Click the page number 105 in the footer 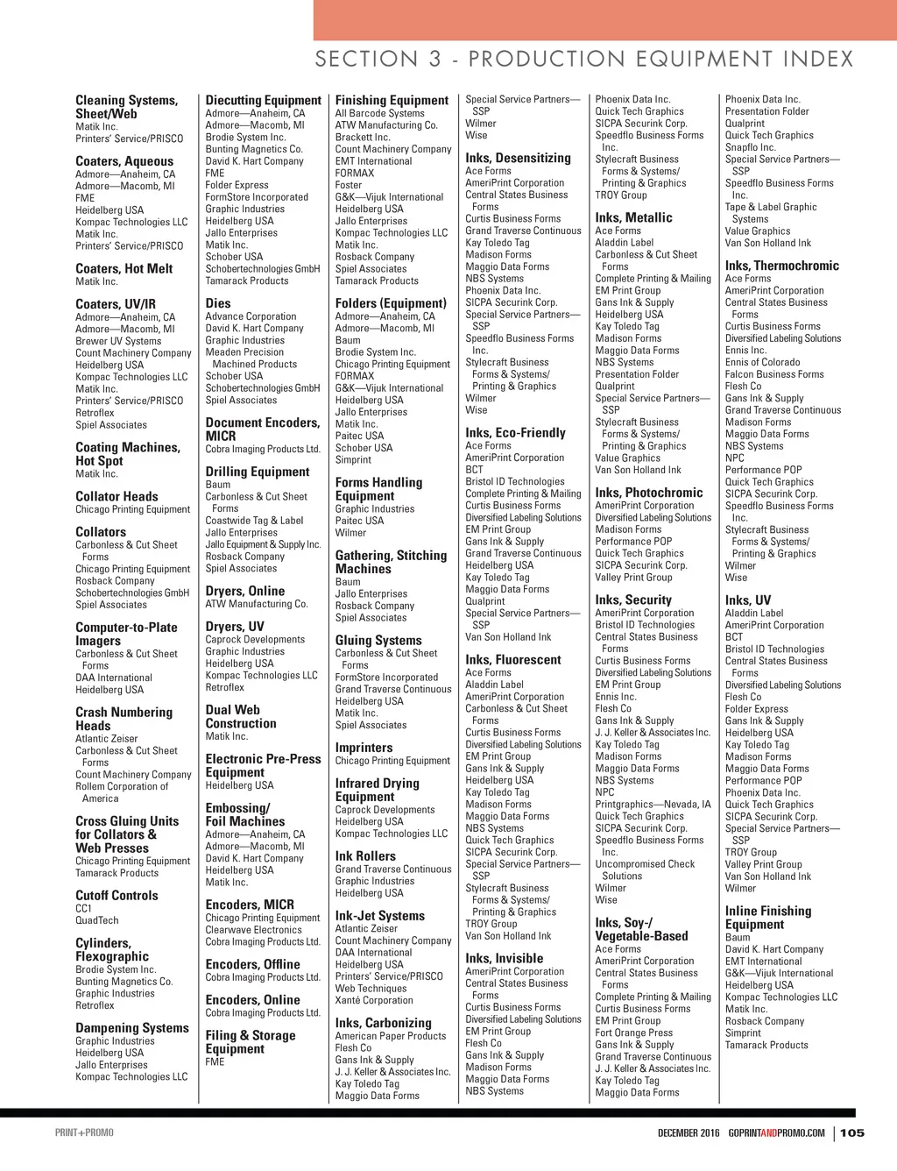[x=851, y=1132]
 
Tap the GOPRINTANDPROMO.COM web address [x=776, y=1132]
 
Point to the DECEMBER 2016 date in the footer [x=689, y=1132]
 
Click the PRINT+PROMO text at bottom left [x=84, y=1132]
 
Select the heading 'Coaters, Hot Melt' [x=124, y=269]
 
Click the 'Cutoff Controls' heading [x=117, y=896]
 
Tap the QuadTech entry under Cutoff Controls [x=96, y=920]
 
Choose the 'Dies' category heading [x=218, y=303]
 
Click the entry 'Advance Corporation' [x=251, y=316]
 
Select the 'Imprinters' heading [x=364, y=748]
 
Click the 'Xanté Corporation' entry [x=373, y=1000]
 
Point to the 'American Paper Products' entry [x=390, y=1036]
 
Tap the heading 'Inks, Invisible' [x=504, y=958]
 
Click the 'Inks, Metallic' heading [x=633, y=217]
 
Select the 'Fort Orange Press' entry [x=633, y=1033]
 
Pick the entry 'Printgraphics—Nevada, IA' [x=653, y=804]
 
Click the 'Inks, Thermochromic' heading [x=781, y=266]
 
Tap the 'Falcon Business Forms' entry [x=773, y=374]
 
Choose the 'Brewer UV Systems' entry [x=118, y=341]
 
